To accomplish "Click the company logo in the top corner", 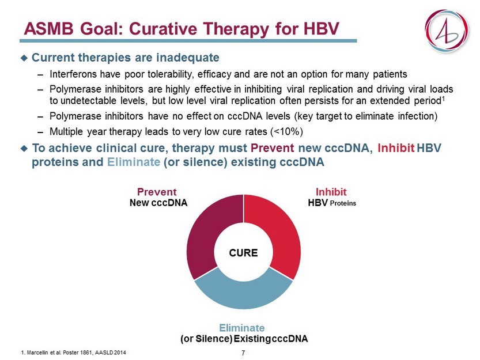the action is click(x=447, y=31).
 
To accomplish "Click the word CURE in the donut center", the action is click(x=243, y=253).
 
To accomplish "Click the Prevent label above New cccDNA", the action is click(x=157, y=192).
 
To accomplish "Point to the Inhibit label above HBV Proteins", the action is click(x=331, y=192).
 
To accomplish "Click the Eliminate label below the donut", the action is click(x=242, y=328).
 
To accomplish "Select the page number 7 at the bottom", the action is click(x=243, y=353).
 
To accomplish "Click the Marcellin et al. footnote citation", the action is click(x=74, y=353).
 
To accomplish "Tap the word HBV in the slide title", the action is click(x=322, y=29).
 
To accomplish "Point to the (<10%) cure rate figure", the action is click(x=286, y=132).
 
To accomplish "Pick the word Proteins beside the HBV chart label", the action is click(x=343, y=203).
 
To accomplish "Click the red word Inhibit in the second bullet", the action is click(x=396, y=148).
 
